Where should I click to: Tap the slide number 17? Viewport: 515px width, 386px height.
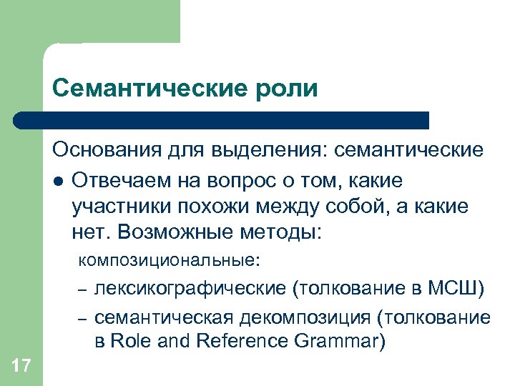[21, 367]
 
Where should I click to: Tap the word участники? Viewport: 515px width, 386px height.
[117, 207]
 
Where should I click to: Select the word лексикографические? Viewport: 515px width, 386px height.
[191, 288]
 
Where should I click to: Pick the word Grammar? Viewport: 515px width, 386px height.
[339, 342]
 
